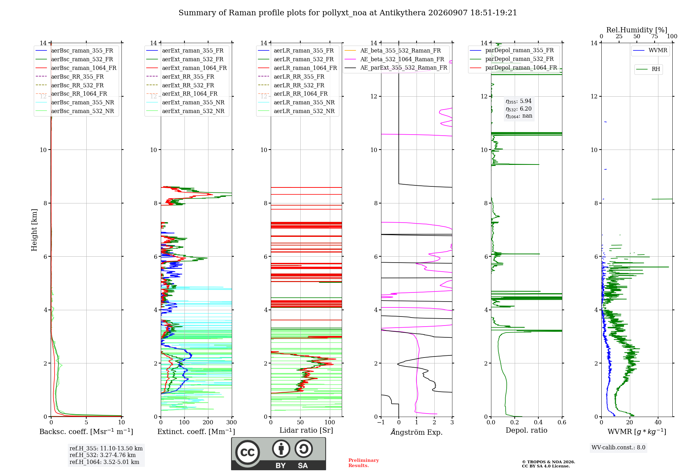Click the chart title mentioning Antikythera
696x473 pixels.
coord(348,13)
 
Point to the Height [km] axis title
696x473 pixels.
coord(34,230)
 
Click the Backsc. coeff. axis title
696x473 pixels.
coord(86,431)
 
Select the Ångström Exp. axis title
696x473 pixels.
coord(417,432)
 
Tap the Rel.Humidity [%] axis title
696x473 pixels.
coord(636,30)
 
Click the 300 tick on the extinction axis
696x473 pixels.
coord(231,422)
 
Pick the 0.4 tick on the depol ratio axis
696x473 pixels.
coord(538,422)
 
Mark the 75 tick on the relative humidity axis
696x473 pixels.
coord(654,36)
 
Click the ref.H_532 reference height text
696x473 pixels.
coord(103,455)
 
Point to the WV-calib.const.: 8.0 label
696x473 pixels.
coord(618,447)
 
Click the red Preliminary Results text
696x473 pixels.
coord(363,463)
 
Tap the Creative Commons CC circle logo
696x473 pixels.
coord(247,452)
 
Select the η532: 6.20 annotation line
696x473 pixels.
coord(519,109)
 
